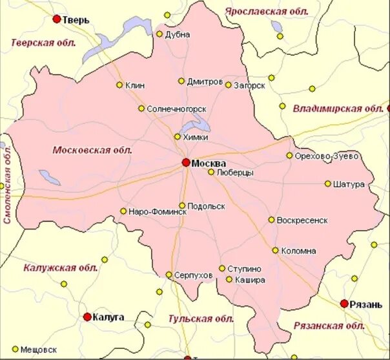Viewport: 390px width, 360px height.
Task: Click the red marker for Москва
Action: [186, 162]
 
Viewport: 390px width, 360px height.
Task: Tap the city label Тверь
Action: [76, 20]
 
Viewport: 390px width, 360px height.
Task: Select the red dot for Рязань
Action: [345, 303]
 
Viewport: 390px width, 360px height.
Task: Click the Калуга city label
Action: [108, 317]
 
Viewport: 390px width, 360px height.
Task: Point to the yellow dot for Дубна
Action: [159, 34]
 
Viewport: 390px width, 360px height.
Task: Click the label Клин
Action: [136, 85]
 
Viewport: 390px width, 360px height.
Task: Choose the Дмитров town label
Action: [205, 82]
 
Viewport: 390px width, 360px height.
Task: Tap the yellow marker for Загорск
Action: [228, 85]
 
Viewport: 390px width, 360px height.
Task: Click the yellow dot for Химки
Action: [178, 136]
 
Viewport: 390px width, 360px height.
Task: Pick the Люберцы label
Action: [235, 173]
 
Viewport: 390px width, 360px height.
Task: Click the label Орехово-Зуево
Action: [326, 156]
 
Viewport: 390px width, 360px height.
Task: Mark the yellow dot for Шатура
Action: [328, 184]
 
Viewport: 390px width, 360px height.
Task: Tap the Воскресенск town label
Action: [302, 220]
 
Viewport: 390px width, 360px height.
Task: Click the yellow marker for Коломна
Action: [275, 250]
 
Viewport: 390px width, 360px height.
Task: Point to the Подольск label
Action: [207, 206]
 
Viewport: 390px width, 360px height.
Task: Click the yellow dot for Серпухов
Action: [169, 275]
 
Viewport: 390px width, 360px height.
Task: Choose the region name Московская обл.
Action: [92, 150]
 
